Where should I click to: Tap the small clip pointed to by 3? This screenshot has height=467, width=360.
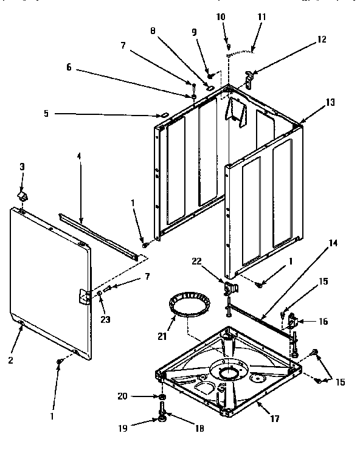[23, 196]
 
